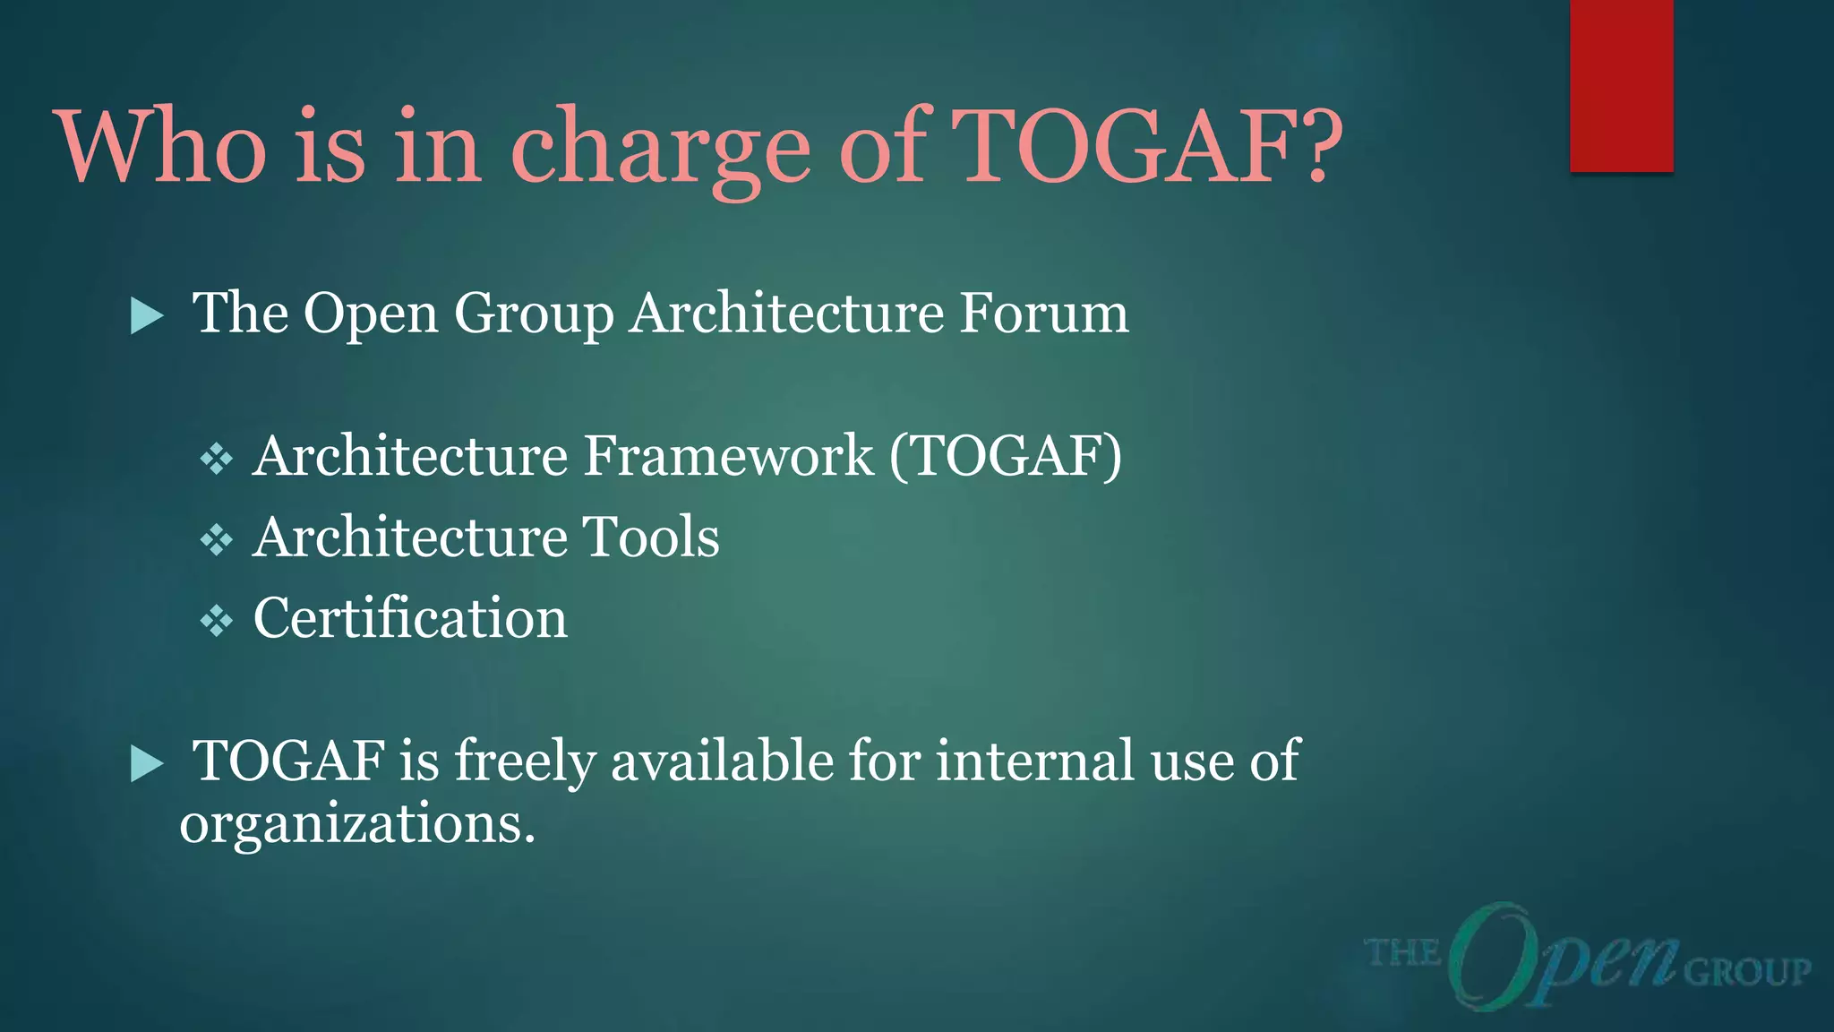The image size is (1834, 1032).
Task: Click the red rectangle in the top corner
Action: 1621,85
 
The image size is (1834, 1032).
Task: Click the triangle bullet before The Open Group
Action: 147,315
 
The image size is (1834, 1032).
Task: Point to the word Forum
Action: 1044,314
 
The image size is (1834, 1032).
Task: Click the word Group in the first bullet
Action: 534,315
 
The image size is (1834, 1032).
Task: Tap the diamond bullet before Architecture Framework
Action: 217,459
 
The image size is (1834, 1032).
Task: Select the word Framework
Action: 729,456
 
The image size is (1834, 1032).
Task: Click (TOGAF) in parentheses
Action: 1006,457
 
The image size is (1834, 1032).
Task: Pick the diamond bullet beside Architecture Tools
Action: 217,539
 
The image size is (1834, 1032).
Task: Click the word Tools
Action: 651,537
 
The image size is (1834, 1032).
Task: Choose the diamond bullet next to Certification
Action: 217,620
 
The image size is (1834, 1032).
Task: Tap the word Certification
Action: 410,618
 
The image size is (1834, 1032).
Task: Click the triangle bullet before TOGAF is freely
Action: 147,764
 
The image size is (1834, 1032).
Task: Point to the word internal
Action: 1035,761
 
